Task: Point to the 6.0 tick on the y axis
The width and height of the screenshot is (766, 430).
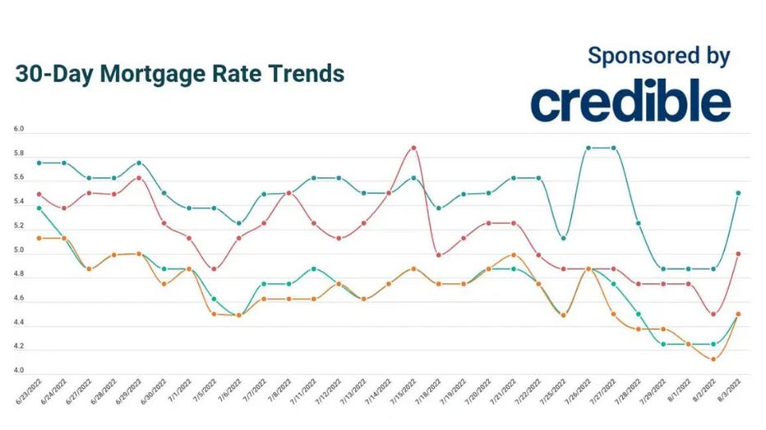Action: pyautogui.click(x=18, y=130)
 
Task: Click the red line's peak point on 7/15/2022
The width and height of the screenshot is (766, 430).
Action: pyautogui.click(x=413, y=148)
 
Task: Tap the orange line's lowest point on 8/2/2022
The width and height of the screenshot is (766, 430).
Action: pyautogui.click(x=713, y=359)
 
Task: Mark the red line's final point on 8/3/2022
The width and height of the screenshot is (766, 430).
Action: pyautogui.click(x=738, y=254)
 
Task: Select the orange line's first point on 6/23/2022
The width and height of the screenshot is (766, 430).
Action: pyautogui.click(x=39, y=238)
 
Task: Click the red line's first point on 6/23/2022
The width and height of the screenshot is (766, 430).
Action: pyautogui.click(x=39, y=194)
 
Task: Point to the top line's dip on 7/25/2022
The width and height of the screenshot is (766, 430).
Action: pyautogui.click(x=563, y=238)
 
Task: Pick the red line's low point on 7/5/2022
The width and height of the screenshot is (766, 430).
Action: pyautogui.click(x=214, y=269)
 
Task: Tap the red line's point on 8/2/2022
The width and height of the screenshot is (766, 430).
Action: pyautogui.click(x=713, y=314)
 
